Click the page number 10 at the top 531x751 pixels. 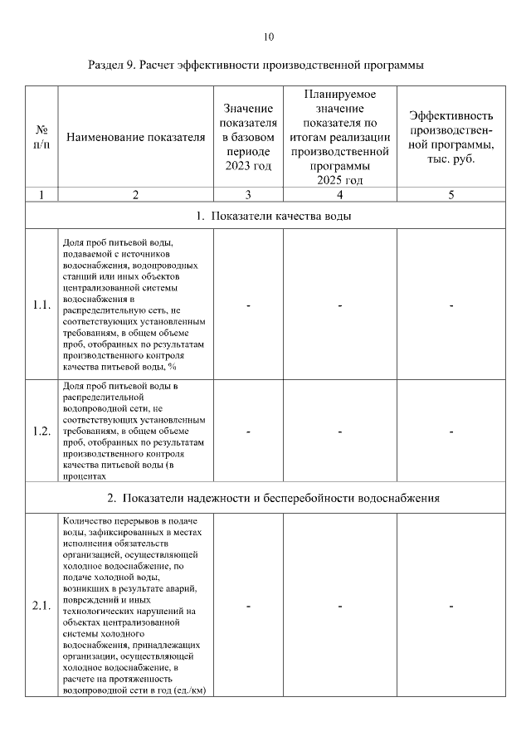click(267, 37)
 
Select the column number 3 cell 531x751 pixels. click(248, 195)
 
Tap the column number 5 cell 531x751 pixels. click(451, 195)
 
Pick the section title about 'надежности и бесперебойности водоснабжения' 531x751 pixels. click(273, 499)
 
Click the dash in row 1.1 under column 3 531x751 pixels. click(248, 305)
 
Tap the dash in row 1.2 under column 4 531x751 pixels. click(340, 432)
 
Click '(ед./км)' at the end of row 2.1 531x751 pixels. click(188, 690)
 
